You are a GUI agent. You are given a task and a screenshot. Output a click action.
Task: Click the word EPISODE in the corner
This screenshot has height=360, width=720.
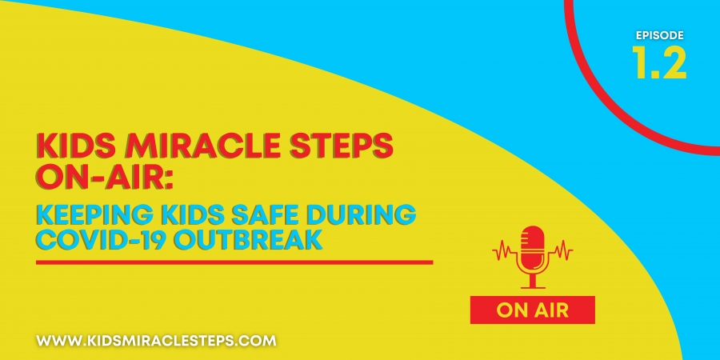pos(659,35)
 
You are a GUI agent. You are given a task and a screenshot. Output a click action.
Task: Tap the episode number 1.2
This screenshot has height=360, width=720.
pos(659,62)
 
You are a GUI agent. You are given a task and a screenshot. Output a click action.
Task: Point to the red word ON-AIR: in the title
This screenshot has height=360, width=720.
pos(105,177)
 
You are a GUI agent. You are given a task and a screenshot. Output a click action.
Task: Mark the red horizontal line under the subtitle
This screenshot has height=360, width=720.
pos(234,262)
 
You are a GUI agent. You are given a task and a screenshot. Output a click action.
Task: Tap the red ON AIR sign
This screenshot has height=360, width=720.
pos(533,310)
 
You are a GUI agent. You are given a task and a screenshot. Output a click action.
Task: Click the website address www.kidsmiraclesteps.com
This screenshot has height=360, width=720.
pos(156,341)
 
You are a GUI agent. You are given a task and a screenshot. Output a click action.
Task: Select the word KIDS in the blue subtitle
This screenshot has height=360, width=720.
pos(168,216)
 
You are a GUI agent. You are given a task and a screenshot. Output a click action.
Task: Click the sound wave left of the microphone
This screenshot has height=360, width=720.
pos(504,250)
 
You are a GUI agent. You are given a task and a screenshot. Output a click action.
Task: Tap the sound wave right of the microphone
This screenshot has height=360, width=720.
pos(562,250)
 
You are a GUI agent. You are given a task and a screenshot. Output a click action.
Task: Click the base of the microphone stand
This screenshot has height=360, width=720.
pos(533,287)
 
